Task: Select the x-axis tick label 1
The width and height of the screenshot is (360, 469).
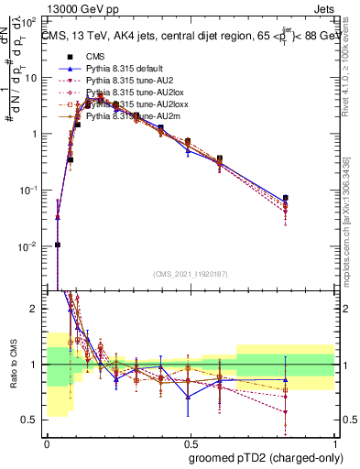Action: (x=333, y=442)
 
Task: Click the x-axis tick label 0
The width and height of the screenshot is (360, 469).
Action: (x=47, y=442)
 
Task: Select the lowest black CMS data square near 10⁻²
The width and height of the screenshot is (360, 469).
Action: (x=58, y=245)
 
